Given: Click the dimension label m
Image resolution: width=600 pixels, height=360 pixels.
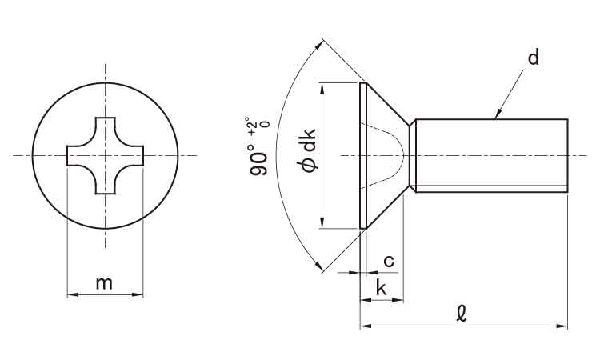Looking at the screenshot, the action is pos(104,284).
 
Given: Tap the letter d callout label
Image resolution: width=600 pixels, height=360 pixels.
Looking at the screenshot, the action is pos(534,58).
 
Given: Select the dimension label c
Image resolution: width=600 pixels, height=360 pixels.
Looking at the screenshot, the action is pos(389,262).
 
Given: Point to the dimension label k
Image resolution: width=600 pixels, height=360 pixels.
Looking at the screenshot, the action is pos(381,287).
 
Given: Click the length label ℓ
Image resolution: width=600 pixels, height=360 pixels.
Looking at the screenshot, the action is pos(462,314).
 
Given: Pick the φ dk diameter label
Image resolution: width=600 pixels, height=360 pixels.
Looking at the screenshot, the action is pos(308,150).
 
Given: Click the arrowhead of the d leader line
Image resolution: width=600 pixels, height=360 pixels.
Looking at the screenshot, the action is pos(498,114).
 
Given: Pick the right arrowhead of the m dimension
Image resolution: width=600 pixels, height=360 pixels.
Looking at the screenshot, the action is pos(138,294).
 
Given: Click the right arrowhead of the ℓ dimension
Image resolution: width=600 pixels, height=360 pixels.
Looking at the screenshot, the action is pos(562,326).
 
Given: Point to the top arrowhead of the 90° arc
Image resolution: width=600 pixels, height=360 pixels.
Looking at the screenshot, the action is pos(318,46).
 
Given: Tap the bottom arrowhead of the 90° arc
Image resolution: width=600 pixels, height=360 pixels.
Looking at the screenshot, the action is pos(318,265).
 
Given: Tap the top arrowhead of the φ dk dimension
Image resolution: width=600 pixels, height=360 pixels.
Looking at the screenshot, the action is pos(322,88).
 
